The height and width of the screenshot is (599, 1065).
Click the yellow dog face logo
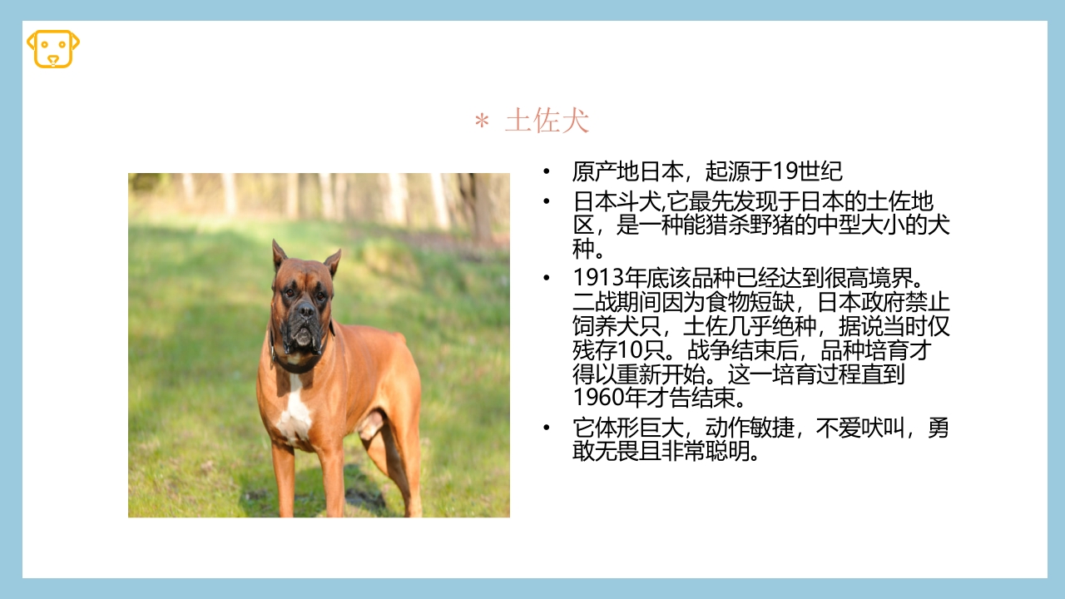click(x=53, y=48)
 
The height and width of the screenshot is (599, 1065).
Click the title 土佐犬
click(x=547, y=121)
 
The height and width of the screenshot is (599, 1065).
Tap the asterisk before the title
click(x=481, y=122)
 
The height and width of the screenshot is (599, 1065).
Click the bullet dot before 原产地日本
click(x=546, y=172)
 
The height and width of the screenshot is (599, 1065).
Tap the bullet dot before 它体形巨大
click(x=546, y=428)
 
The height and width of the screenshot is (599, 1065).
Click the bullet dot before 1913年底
click(x=546, y=277)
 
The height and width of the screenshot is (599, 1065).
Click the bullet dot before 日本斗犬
click(x=546, y=202)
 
